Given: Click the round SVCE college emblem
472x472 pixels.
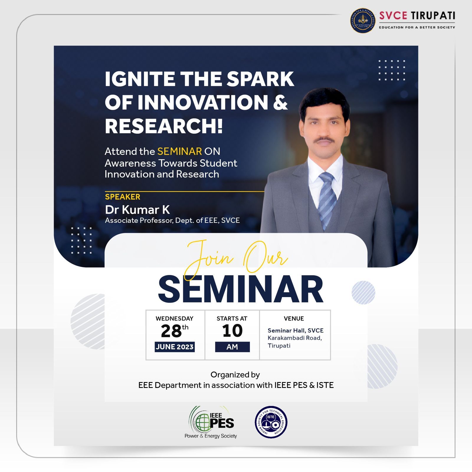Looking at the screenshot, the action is pyautogui.click(x=363, y=20).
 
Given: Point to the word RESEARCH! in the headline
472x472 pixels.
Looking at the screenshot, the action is pyautogui.click(x=164, y=126).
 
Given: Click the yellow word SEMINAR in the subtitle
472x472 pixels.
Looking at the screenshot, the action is pyautogui.click(x=180, y=151).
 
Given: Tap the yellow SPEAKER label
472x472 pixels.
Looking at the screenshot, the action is pyautogui.click(x=123, y=197).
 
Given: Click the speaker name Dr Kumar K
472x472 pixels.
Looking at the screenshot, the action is pyautogui.click(x=137, y=210).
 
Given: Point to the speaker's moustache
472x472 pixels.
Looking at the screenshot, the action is pyautogui.click(x=324, y=140).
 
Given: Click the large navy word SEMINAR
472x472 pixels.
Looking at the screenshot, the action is pyautogui.click(x=241, y=289).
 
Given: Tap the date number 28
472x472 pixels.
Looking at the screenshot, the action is pyautogui.click(x=171, y=331).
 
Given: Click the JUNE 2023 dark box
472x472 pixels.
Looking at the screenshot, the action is pyautogui.click(x=175, y=347).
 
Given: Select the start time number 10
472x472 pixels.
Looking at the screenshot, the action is pyautogui.click(x=232, y=331).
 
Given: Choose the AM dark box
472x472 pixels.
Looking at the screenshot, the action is pyautogui.click(x=232, y=347).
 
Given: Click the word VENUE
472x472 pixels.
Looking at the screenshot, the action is pyautogui.click(x=294, y=319).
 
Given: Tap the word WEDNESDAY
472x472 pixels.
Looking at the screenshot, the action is pyautogui.click(x=175, y=319).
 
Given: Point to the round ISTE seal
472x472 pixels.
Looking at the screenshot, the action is pyautogui.click(x=271, y=422).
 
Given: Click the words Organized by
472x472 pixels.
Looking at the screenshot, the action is pyautogui.click(x=235, y=375).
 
